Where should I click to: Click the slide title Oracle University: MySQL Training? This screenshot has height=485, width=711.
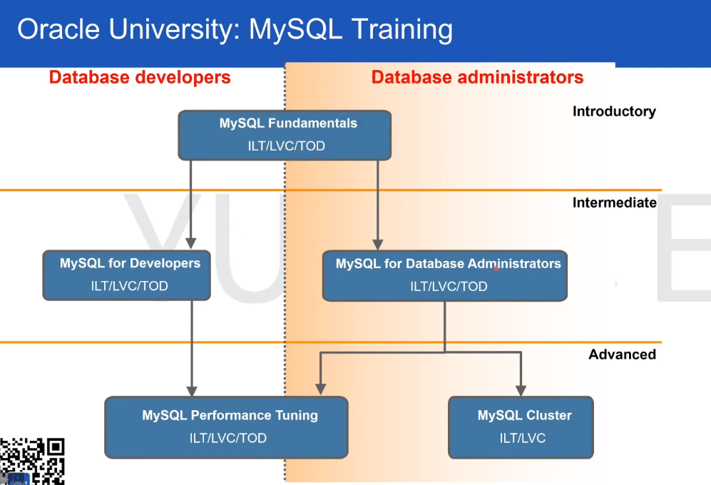click(235, 29)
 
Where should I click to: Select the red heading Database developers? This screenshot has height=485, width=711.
click(140, 77)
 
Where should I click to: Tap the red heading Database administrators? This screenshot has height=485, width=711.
click(477, 77)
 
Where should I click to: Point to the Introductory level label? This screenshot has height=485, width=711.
click(614, 111)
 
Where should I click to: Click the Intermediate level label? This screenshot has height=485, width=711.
click(614, 203)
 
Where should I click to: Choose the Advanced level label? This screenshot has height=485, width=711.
click(622, 354)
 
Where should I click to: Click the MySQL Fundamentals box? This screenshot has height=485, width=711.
click(285, 135)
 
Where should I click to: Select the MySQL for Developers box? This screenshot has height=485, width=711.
click(127, 275)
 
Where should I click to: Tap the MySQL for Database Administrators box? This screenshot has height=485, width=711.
click(445, 275)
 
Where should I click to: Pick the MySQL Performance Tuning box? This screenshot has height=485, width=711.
click(227, 427)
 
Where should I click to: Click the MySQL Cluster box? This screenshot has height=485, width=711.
click(521, 427)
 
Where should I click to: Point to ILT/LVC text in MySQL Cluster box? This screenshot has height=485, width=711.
click(523, 438)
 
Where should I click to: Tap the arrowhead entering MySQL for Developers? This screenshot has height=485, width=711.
click(190, 242)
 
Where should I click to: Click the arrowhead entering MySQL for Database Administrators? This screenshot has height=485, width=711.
click(379, 242)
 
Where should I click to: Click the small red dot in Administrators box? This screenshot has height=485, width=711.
click(496, 269)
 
